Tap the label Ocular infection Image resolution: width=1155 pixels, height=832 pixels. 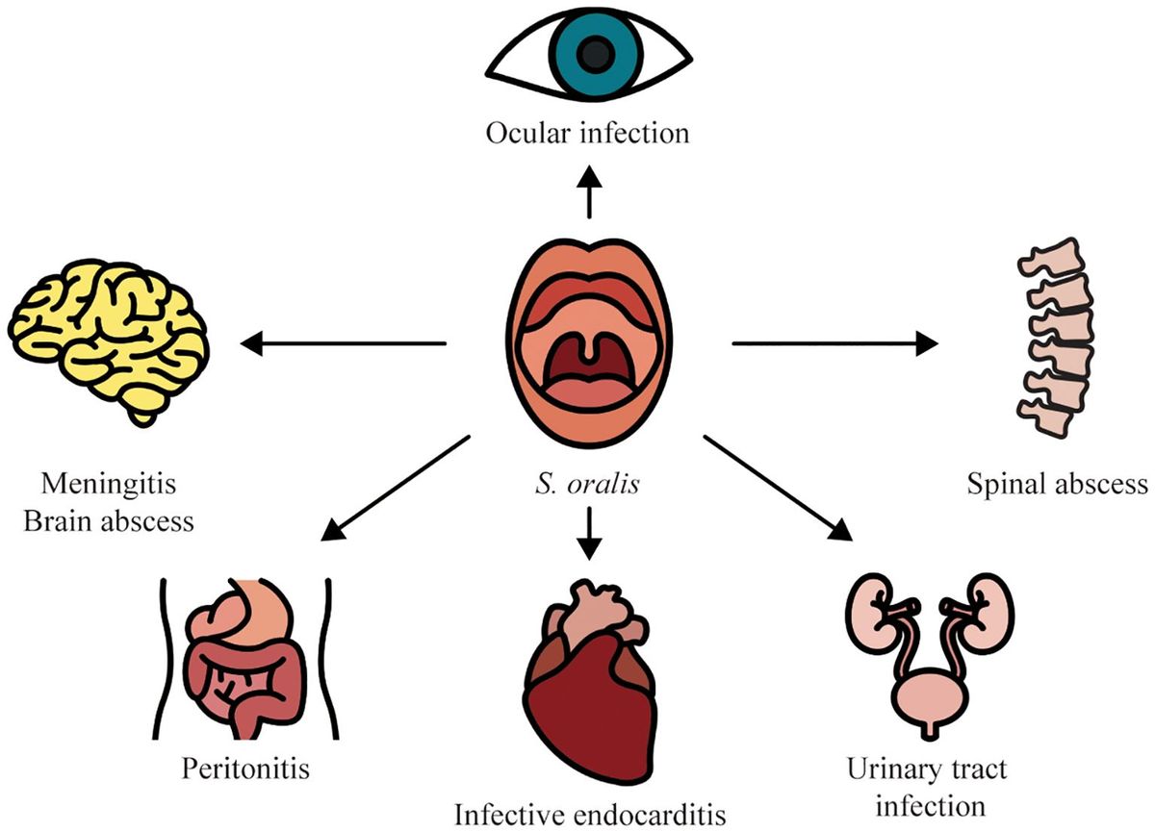click(588, 132)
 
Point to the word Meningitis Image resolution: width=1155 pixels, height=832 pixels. click(108, 483)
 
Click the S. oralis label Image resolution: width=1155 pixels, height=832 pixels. click(589, 483)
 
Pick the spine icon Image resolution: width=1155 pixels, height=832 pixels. click(1057, 342)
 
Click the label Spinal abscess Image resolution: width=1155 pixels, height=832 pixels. click(1057, 483)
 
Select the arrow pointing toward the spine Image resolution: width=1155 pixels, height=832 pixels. click(833, 341)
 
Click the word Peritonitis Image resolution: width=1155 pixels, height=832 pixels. click(248, 769)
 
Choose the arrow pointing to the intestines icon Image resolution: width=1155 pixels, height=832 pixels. click(398, 485)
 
